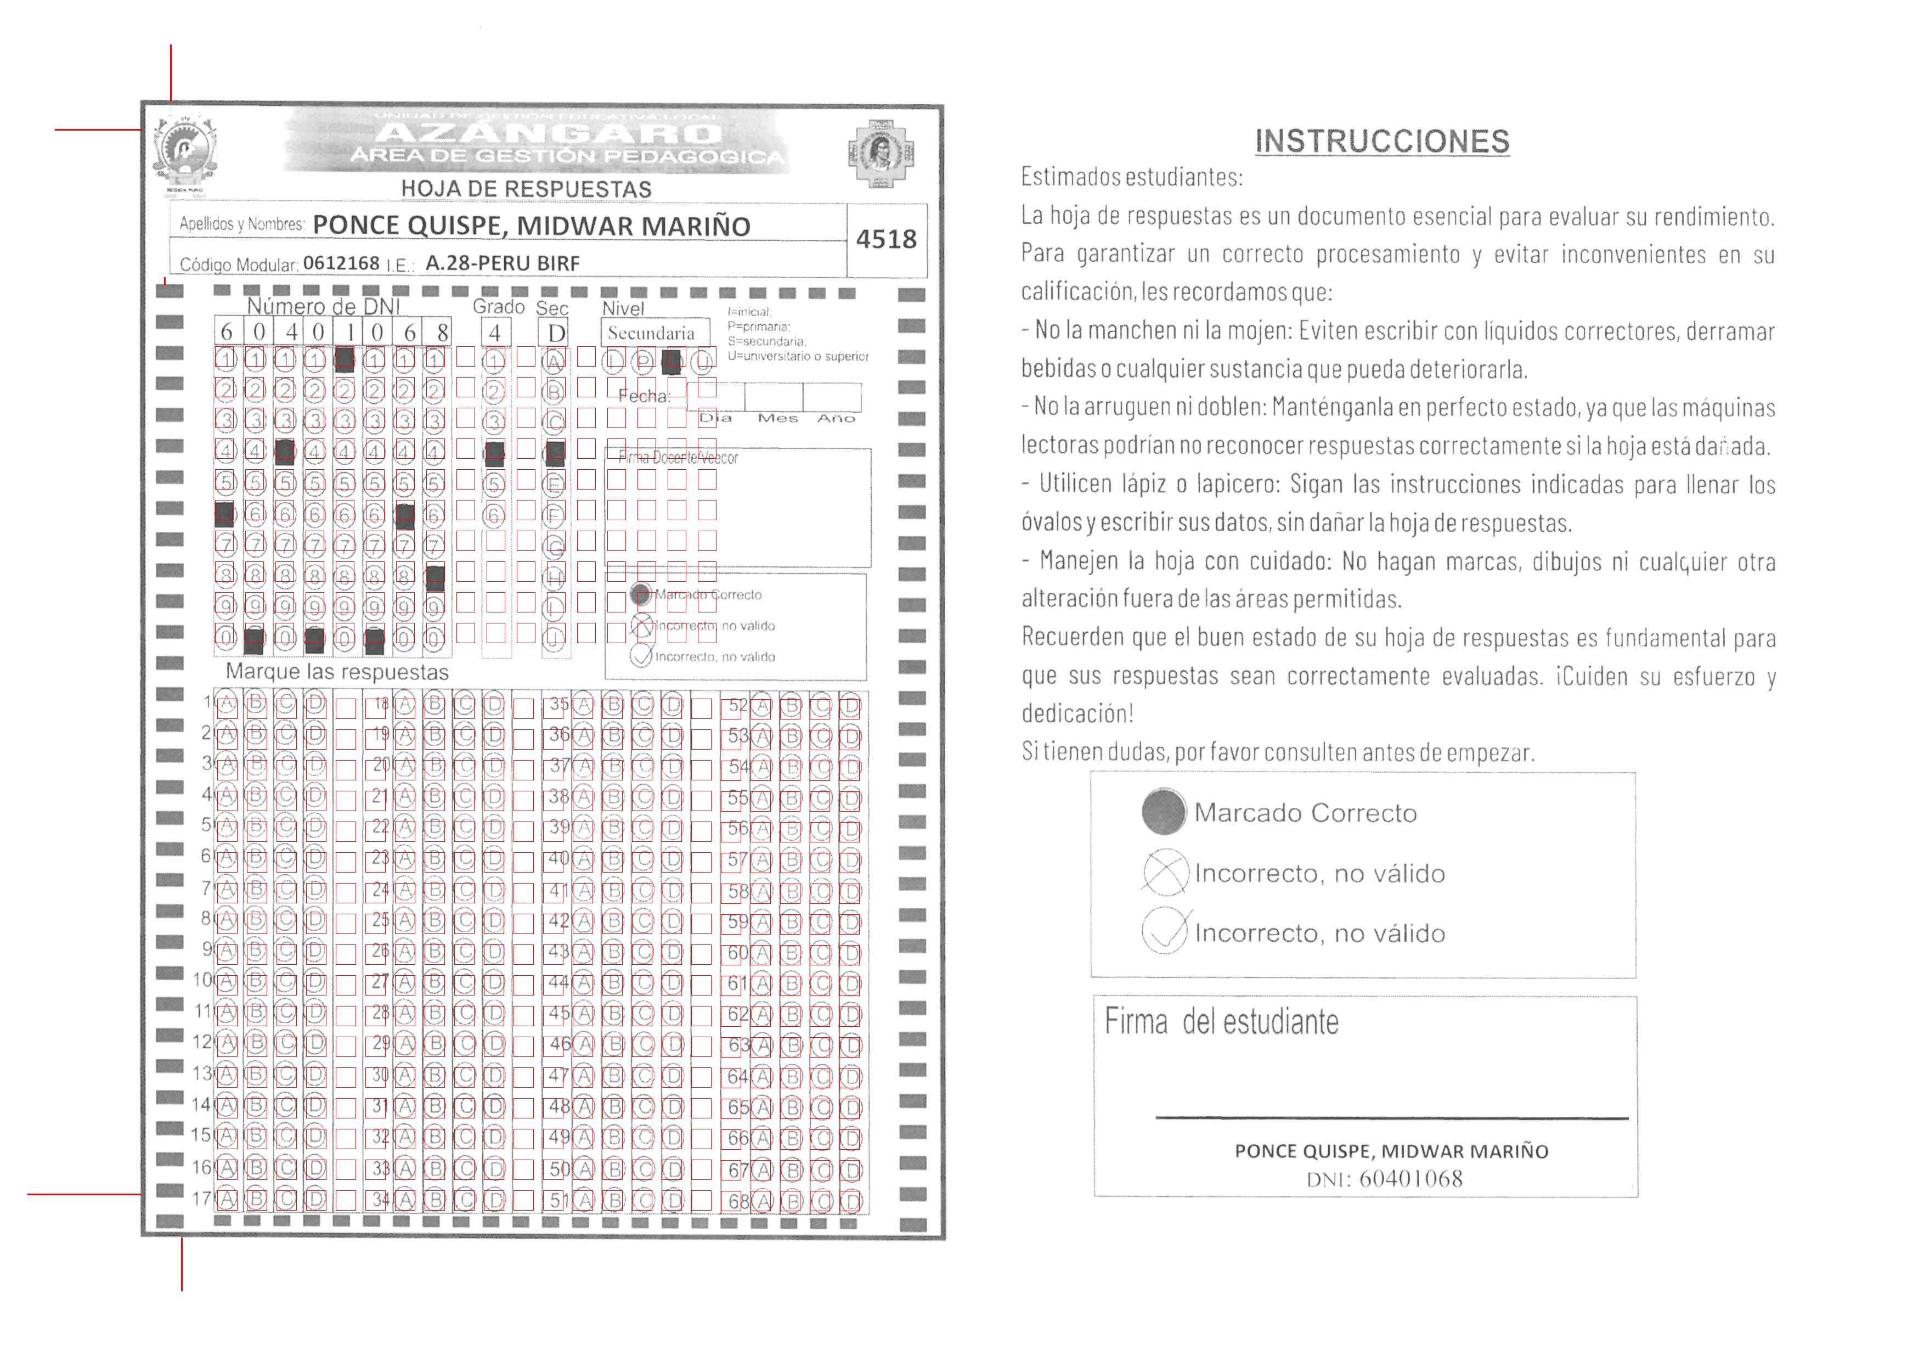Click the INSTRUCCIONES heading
(1382, 141)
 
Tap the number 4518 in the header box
(886, 240)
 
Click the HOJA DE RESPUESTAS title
(526, 189)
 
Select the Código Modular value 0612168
(341, 263)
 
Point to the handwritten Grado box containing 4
(495, 333)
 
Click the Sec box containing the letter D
(556, 333)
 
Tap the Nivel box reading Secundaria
(651, 333)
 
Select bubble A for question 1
(226, 705)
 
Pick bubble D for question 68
(850, 1201)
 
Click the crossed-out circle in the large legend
(1165, 873)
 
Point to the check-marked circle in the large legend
(1165, 932)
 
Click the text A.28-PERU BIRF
(502, 263)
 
